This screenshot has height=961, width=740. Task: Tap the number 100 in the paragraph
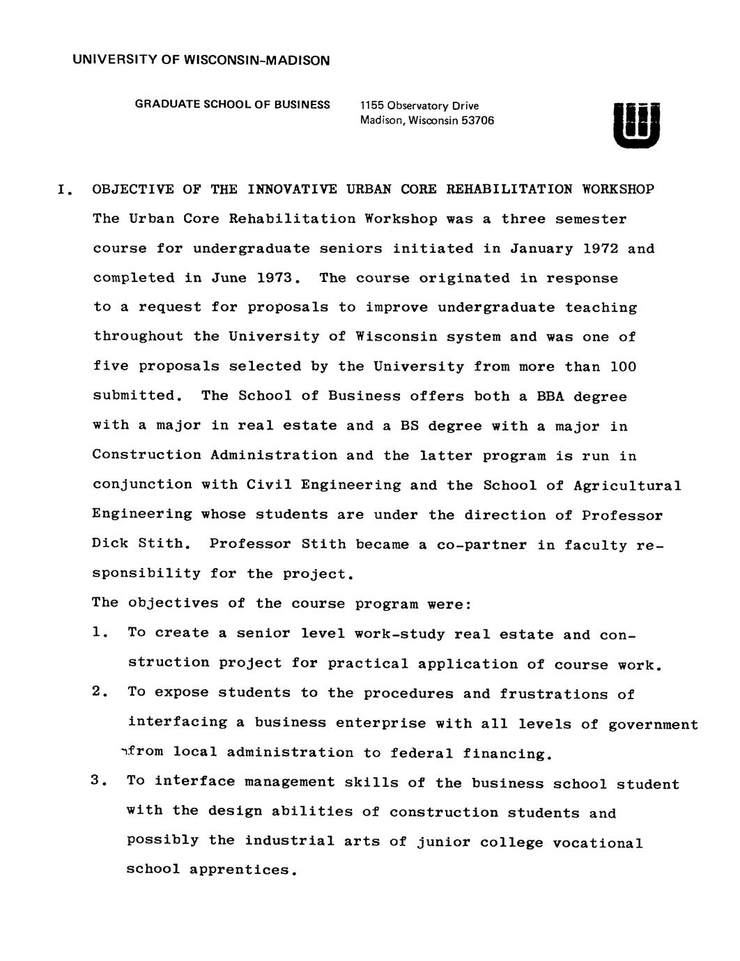[x=623, y=366]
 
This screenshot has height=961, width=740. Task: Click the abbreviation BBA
[x=550, y=396]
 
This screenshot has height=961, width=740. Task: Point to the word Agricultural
[x=626, y=485]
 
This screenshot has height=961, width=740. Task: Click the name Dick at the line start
[x=106, y=544]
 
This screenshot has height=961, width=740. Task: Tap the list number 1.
[x=98, y=633]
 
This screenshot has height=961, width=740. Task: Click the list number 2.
[x=98, y=692]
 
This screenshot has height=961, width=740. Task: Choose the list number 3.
[x=98, y=781]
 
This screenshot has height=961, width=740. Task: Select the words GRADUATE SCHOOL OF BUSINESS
[x=232, y=104]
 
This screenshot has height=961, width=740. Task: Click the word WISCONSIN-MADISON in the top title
[x=256, y=61]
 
